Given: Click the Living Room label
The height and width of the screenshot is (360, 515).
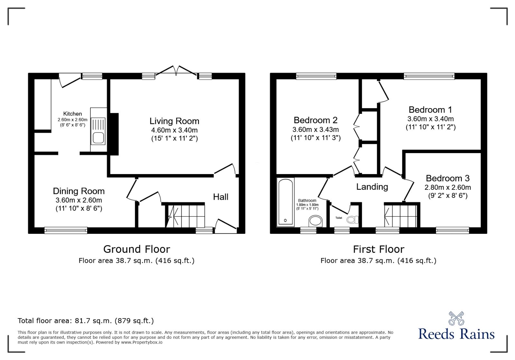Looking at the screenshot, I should pos(174,121).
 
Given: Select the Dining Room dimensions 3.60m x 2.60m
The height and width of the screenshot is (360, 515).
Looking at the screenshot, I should pos(79,200).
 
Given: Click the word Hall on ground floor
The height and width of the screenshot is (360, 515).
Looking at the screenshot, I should pos(220,197).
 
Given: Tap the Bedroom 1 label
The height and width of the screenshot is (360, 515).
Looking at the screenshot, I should pos(430,110).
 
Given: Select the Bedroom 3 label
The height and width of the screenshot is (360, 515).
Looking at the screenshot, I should pos(447,178).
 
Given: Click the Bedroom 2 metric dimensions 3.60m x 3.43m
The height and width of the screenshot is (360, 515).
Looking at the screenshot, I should pos(315,130).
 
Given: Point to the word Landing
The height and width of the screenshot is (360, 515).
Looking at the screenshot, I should pos(372,187).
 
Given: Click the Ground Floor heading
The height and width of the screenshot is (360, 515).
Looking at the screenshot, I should pos(136,249).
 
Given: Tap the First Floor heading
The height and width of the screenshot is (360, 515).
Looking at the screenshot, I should pos(379,249).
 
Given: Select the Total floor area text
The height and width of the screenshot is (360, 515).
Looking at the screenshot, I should pos(86,321).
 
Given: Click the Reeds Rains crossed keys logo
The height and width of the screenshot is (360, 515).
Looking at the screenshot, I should pos(456,318).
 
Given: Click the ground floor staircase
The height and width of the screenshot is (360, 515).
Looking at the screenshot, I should pos(186,216).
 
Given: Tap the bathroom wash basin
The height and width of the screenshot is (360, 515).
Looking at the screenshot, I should pos(315,221).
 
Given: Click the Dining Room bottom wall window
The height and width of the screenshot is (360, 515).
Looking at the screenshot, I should pos(66,230).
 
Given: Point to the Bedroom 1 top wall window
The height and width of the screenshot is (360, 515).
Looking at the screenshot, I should pos(429,76).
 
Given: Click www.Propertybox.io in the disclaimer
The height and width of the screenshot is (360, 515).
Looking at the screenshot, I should pos(142,342).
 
